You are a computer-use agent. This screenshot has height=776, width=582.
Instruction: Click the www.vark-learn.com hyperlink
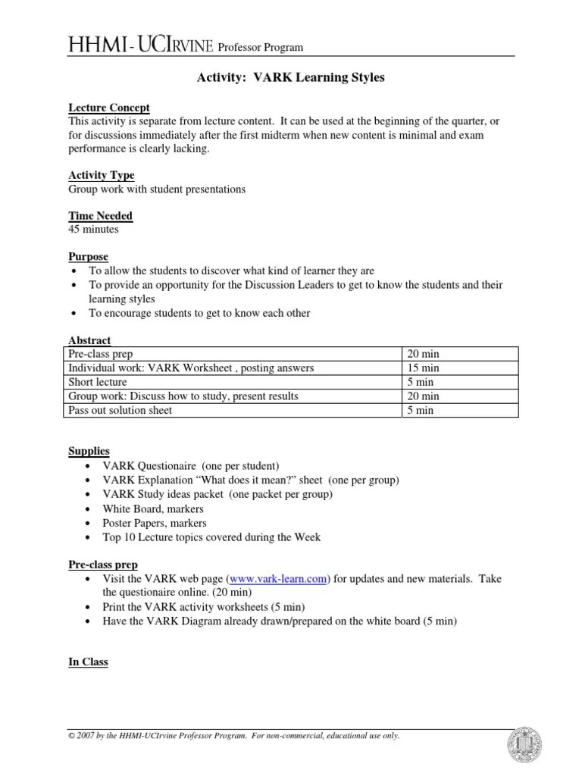(x=278, y=579)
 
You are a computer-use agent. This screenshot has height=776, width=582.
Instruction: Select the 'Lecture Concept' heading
(x=109, y=108)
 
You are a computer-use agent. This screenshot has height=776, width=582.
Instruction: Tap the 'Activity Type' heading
(x=102, y=175)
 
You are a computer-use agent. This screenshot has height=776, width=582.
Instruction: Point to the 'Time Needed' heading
(x=101, y=215)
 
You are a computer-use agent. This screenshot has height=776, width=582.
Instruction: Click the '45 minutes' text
(x=89, y=229)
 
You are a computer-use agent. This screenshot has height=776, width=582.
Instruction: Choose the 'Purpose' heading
(x=89, y=256)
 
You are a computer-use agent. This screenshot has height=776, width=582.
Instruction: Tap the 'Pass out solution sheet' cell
(x=120, y=410)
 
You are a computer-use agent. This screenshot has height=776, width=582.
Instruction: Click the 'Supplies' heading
(x=89, y=451)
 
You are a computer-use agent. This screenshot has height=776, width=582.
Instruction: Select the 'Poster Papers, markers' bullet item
(x=155, y=523)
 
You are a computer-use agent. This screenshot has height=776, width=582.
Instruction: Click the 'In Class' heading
(x=89, y=662)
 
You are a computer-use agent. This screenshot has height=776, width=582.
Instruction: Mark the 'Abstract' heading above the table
(x=89, y=340)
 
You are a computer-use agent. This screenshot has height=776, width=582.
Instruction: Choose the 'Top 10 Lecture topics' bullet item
(x=211, y=537)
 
